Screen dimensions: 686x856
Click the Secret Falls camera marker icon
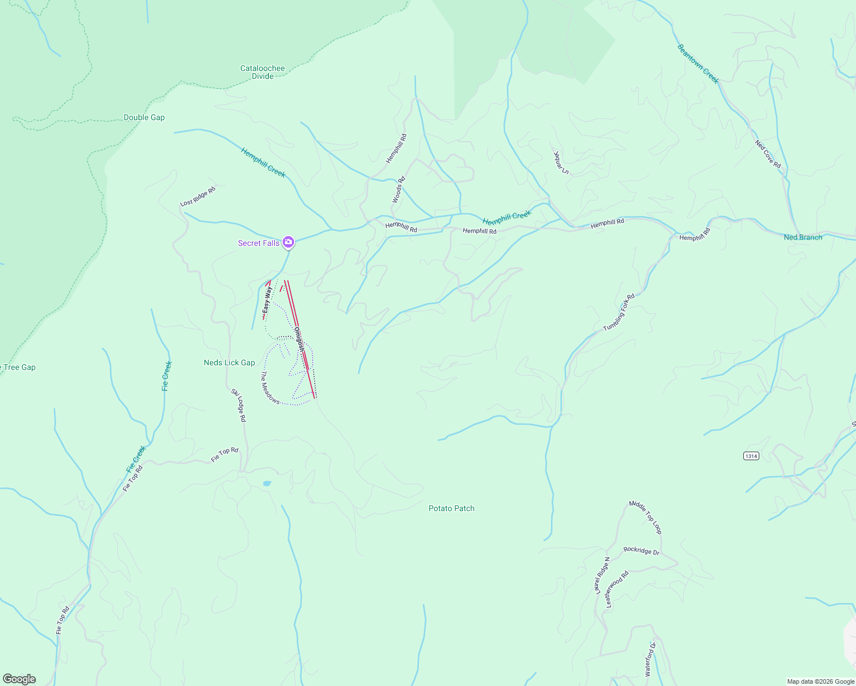pos(288,243)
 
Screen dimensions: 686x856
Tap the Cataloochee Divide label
pos(263,72)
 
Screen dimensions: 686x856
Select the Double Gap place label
pos(144,117)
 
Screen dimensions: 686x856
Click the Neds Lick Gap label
pos(229,362)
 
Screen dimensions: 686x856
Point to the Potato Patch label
pos(451,508)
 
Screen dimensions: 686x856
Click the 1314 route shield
pos(751,456)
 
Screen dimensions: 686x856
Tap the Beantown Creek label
pos(698,64)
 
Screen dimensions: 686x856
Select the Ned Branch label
pos(803,237)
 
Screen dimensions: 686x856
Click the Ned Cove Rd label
pos(768,154)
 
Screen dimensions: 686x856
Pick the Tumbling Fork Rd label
pos(619,313)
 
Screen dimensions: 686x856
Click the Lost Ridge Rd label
pos(197,196)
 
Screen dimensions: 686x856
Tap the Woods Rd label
pos(398,190)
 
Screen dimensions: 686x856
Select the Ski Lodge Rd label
pos(239,405)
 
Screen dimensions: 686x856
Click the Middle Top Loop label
pos(645,517)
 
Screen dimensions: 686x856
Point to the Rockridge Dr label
pos(641,551)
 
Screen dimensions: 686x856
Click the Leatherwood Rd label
pos(617,589)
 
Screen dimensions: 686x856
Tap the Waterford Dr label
pos(651,660)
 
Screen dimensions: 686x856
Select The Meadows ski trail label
pos(270,388)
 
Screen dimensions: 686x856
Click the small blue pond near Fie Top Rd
pos(267,484)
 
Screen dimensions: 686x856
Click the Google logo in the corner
pos(19,679)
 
